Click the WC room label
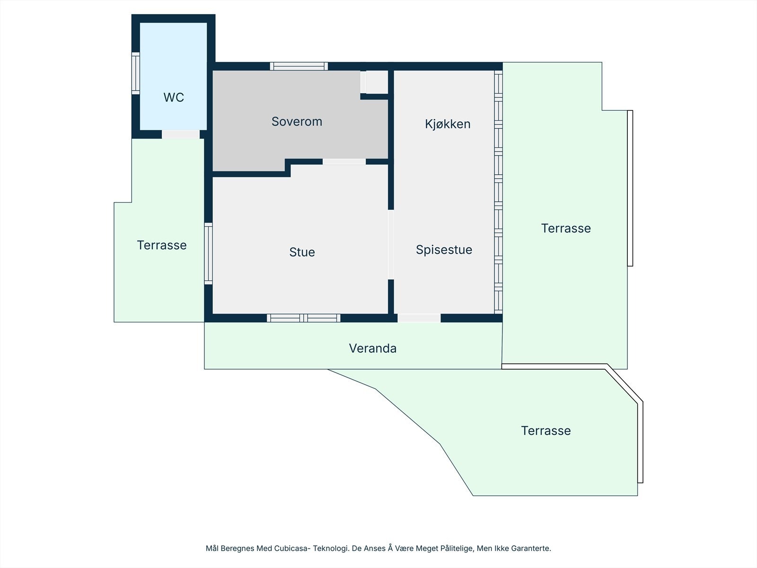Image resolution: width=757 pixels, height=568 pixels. pos(174,98)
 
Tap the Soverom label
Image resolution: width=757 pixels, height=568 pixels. pos(297,122)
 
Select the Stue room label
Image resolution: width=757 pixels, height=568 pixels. pos(302,252)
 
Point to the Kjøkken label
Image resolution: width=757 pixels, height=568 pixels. pos(448,124)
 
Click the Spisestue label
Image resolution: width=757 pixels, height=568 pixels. pos(444,250)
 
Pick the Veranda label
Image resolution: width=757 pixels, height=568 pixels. pos(373,348)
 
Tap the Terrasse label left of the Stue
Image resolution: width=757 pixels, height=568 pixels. pos(162,245)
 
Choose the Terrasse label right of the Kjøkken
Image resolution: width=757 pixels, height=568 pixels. pos(566,229)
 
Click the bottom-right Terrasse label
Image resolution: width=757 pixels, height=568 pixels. pos(546,431)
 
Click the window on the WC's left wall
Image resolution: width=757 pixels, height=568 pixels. pos(136,73)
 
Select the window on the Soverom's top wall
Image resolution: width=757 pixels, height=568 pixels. pos(299,66)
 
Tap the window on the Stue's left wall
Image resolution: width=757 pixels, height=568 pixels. pos(208,253)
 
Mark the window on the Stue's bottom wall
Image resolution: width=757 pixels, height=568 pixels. pos(303,318)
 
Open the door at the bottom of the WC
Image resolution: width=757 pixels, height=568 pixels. pos(181,134)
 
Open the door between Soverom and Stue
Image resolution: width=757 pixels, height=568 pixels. pos(344,162)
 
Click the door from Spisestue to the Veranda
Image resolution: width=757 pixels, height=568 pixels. pos(419,318)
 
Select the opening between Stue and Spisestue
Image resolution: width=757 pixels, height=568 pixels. pos(391,244)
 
